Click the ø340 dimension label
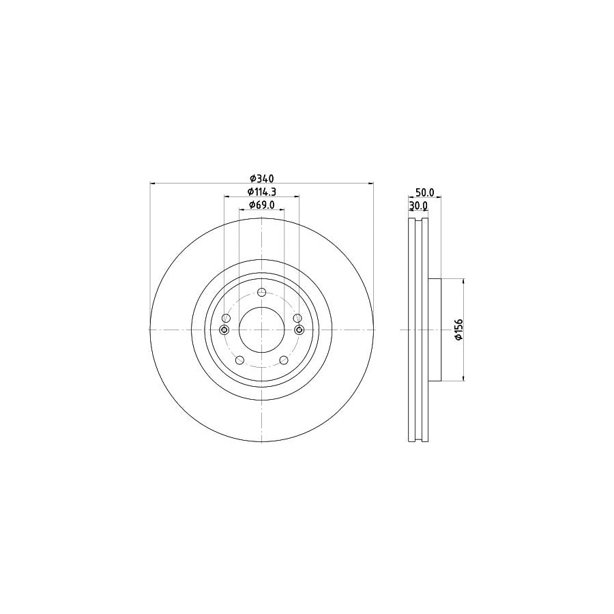261,179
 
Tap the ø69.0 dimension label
261,205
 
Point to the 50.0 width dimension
424,194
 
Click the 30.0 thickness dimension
418,205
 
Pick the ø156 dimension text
459,330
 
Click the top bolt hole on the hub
261,291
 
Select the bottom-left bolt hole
239,360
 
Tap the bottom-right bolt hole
284,360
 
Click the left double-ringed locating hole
225,330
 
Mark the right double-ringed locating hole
298,330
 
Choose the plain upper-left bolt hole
226,318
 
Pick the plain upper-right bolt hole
296,318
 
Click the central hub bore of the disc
261,330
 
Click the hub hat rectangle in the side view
435,330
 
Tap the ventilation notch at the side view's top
418,222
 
